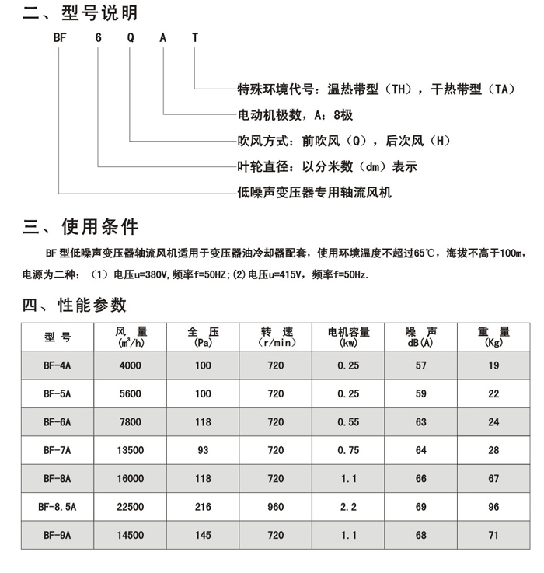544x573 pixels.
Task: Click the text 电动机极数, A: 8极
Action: click(x=295, y=115)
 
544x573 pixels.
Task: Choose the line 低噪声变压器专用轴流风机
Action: click(x=315, y=190)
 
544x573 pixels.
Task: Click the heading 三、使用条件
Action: click(x=81, y=227)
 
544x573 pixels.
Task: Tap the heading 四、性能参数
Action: click(x=75, y=305)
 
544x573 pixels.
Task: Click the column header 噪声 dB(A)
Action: click(x=421, y=337)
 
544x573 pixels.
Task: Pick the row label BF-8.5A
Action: click(x=58, y=507)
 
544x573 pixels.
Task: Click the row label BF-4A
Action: click(x=58, y=365)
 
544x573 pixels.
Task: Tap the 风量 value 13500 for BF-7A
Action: click(x=131, y=450)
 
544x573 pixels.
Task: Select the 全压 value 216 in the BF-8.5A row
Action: click(x=204, y=507)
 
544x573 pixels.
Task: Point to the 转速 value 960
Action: click(x=276, y=507)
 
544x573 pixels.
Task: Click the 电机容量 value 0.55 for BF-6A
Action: click(x=348, y=422)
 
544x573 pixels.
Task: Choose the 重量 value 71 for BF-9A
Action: click(x=493, y=536)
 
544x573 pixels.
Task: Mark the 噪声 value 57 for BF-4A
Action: click(x=421, y=365)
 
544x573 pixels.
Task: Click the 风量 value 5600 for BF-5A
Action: click(x=131, y=394)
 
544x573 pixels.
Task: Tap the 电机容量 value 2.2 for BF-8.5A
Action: click(x=348, y=507)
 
